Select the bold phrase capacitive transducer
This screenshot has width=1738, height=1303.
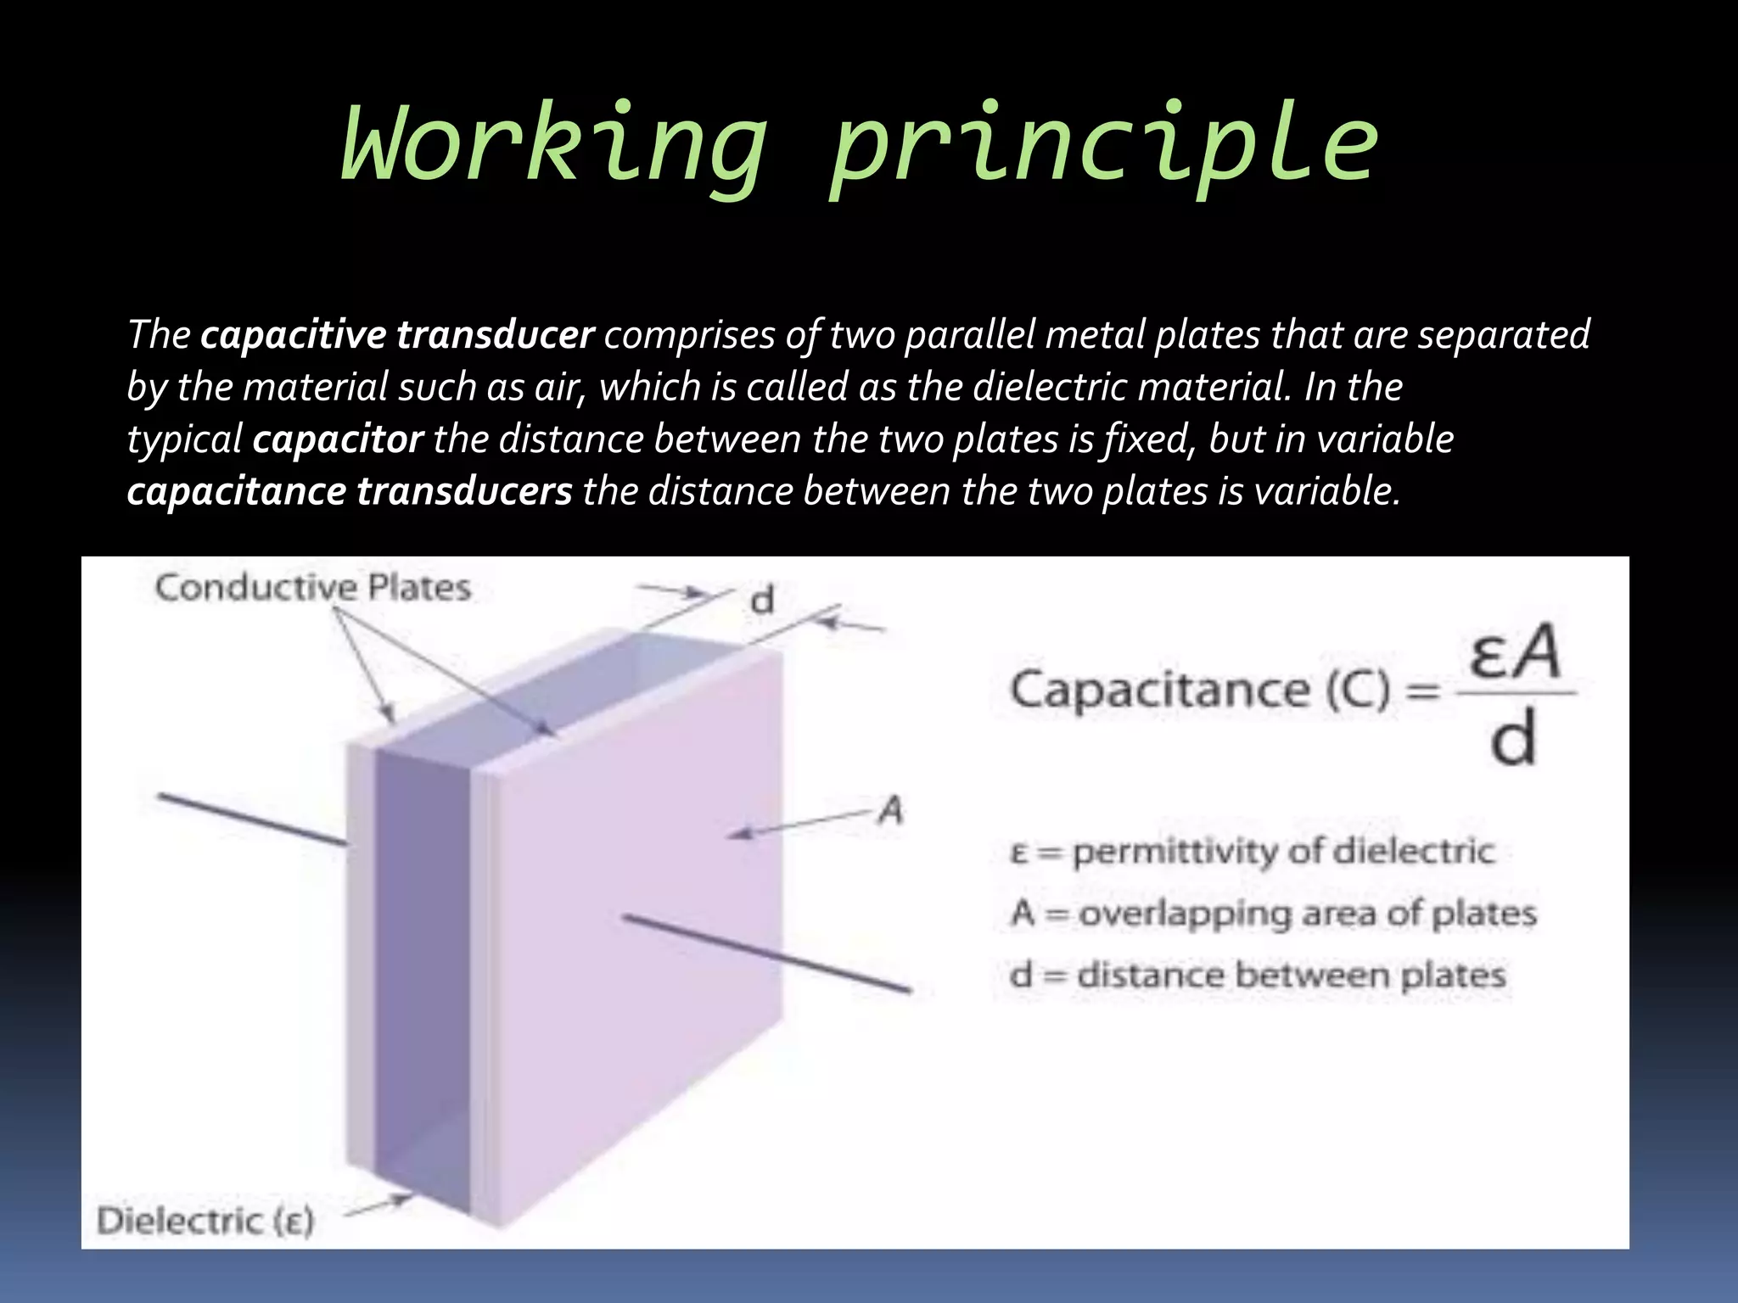tap(396, 334)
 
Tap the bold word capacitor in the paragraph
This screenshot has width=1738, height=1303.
tap(338, 439)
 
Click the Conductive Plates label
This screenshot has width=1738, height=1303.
tap(312, 588)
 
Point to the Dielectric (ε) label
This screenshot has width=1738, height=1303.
tap(205, 1222)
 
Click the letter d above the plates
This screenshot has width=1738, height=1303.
tap(762, 601)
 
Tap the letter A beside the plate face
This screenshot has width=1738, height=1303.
tap(890, 812)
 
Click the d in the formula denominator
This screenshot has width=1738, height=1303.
tap(1512, 739)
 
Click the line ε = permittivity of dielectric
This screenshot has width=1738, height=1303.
tap(1252, 851)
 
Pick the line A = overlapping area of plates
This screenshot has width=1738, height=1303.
tap(1273, 914)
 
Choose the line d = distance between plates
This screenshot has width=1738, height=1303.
tap(1257, 975)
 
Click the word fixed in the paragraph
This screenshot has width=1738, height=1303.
tap(1151, 439)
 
